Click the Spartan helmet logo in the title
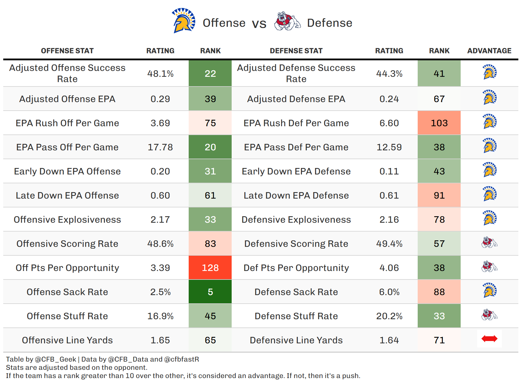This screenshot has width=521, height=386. click(x=183, y=21)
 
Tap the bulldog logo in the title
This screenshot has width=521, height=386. click(x=287, y=21)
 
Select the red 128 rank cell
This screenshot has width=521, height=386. click(x=210, y=268)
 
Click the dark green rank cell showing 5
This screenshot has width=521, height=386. click(x=210, y=292)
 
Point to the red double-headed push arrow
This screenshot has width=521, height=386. click(x=489, y=339)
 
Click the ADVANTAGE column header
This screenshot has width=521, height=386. click(x=489, y=51)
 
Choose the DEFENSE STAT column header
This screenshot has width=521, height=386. click(x=296, y=51)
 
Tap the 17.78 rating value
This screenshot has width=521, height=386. click(x=160, y=147)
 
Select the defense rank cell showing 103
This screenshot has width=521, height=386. click(x=439, y=123)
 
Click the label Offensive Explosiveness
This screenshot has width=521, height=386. click(x=67, y=219)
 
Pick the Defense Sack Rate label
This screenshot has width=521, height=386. click(x=296, y=292)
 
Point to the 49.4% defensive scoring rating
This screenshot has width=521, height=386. click(x=389, y=244)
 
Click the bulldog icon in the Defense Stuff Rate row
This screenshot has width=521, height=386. click(x=489, y=315)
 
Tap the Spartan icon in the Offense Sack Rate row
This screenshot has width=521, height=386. click(x=490, y=290)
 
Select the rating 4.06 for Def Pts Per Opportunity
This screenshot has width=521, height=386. click(x=389, y=268)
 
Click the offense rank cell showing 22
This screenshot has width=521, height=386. click(x=210, y=74)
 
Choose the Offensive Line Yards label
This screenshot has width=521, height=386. click(x=67, y=340)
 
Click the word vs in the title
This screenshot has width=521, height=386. click(x=259, y=24)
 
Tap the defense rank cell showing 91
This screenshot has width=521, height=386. click(x=439, y=195)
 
